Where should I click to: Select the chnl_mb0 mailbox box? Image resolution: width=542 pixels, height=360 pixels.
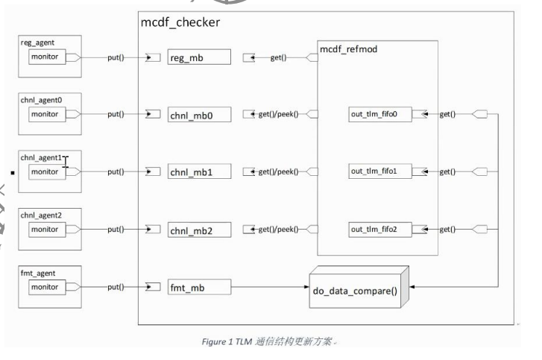tap(199, 115)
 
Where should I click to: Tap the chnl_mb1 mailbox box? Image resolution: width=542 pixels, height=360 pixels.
tap(199, 172)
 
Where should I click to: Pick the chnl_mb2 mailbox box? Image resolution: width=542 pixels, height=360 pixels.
tap(199, 230)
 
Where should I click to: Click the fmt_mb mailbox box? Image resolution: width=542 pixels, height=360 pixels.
tap(199, 286)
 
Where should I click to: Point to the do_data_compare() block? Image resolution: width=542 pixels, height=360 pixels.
tap(356, 286)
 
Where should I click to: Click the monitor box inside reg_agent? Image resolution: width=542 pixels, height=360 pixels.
tap(46, 57)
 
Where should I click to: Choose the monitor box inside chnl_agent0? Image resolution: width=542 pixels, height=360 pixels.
tap(46, 115)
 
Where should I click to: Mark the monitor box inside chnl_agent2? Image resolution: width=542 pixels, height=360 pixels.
tap(46, 230)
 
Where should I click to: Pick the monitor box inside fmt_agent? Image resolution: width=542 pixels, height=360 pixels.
tap(46, 286)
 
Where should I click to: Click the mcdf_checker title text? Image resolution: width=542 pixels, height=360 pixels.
tap(180, 22)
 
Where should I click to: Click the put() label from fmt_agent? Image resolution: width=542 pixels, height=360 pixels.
tap(116, 286)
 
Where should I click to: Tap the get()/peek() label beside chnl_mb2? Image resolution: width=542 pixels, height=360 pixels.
tap(277, 230)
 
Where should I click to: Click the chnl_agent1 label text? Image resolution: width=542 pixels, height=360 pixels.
tap(40, 159)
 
